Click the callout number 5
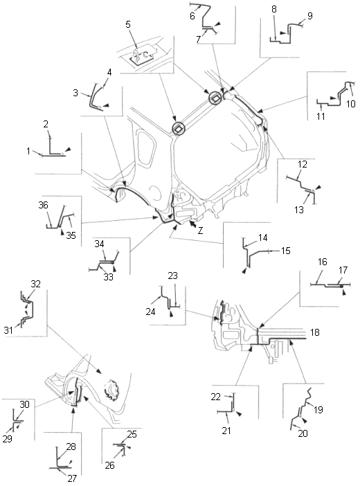click(x=128, y=24)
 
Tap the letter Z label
click(x=201, y=231)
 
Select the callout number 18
click(x=315, y=332)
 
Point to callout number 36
click(x=44, y=205)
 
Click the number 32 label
click(x=36, y=284)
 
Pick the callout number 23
click(x=172, y=276)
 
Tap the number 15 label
click(x=286, y=251)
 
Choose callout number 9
click(x=309, y=16)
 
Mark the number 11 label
click(x=321, y=116)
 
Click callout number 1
click(x=28, y=151)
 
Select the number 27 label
click(x=71, y=478)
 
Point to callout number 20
click(x=303, y=433)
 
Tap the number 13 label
click(x=299, y=210)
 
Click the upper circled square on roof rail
click(x=215, y=98)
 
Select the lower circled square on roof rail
click(x=178, y=127)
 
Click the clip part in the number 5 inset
click(x=140, y=56)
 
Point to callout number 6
click(x=192, y=16)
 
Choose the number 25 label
click(x=132, y=434)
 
